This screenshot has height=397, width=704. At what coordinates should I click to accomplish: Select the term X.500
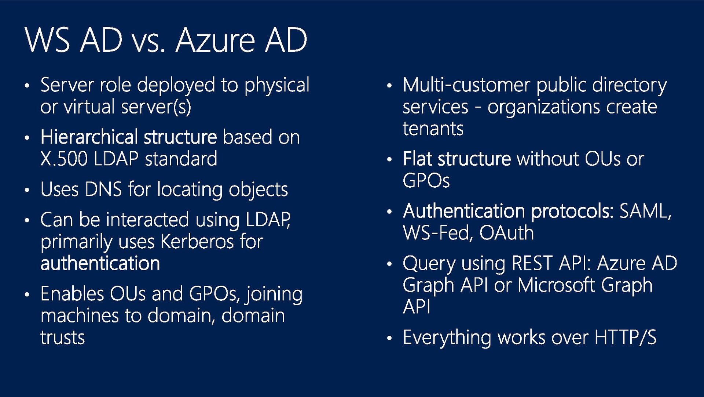[64, 159]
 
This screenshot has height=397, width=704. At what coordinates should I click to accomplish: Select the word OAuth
[506, 233]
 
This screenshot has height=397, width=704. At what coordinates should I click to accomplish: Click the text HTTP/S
[626, 338]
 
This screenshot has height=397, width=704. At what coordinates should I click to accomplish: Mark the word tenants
[433, 129]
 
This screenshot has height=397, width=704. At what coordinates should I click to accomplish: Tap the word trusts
[63, 338]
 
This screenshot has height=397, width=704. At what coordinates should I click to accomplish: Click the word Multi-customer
[466, 85]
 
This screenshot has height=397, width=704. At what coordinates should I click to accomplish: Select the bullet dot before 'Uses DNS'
[27, 190]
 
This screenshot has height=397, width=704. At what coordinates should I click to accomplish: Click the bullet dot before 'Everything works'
[389, 338]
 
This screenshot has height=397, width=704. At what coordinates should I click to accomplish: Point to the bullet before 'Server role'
[27, 86]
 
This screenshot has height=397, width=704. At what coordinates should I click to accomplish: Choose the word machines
[80, 316]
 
